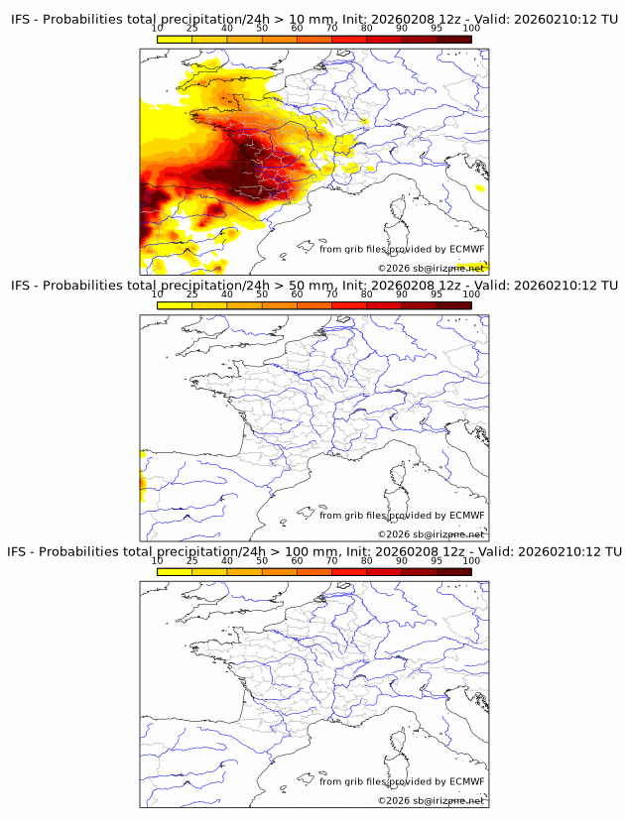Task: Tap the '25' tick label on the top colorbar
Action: [x=191, y=28]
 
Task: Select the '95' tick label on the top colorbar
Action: [x=437, y=28]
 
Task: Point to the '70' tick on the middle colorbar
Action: [x=331, y=294]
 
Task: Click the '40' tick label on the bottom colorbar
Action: [x=227, y=560]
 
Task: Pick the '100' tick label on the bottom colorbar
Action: [x=470, y=560]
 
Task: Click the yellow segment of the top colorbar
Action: [x=175, y=38]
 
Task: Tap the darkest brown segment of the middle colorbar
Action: [x=453, y=304]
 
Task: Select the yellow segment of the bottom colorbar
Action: [x=175, y=570]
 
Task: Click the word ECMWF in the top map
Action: [x=466, y=250]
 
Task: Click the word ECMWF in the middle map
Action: [x=466, y=516]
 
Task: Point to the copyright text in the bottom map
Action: [x=431, y=800]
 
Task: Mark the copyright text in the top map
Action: [x=431, y=268]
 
